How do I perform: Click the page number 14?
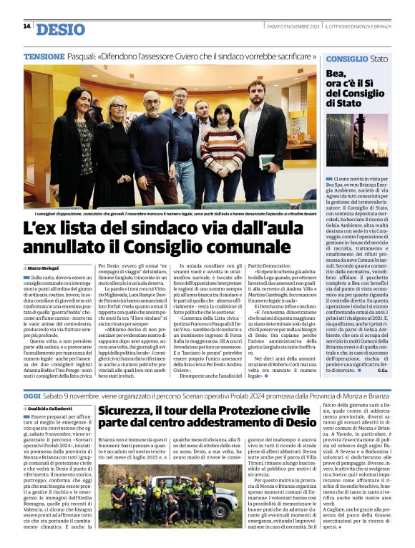[x=26, y=26]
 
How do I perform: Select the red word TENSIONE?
[x=44, y=56]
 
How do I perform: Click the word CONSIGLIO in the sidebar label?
[x=347, y=58]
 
